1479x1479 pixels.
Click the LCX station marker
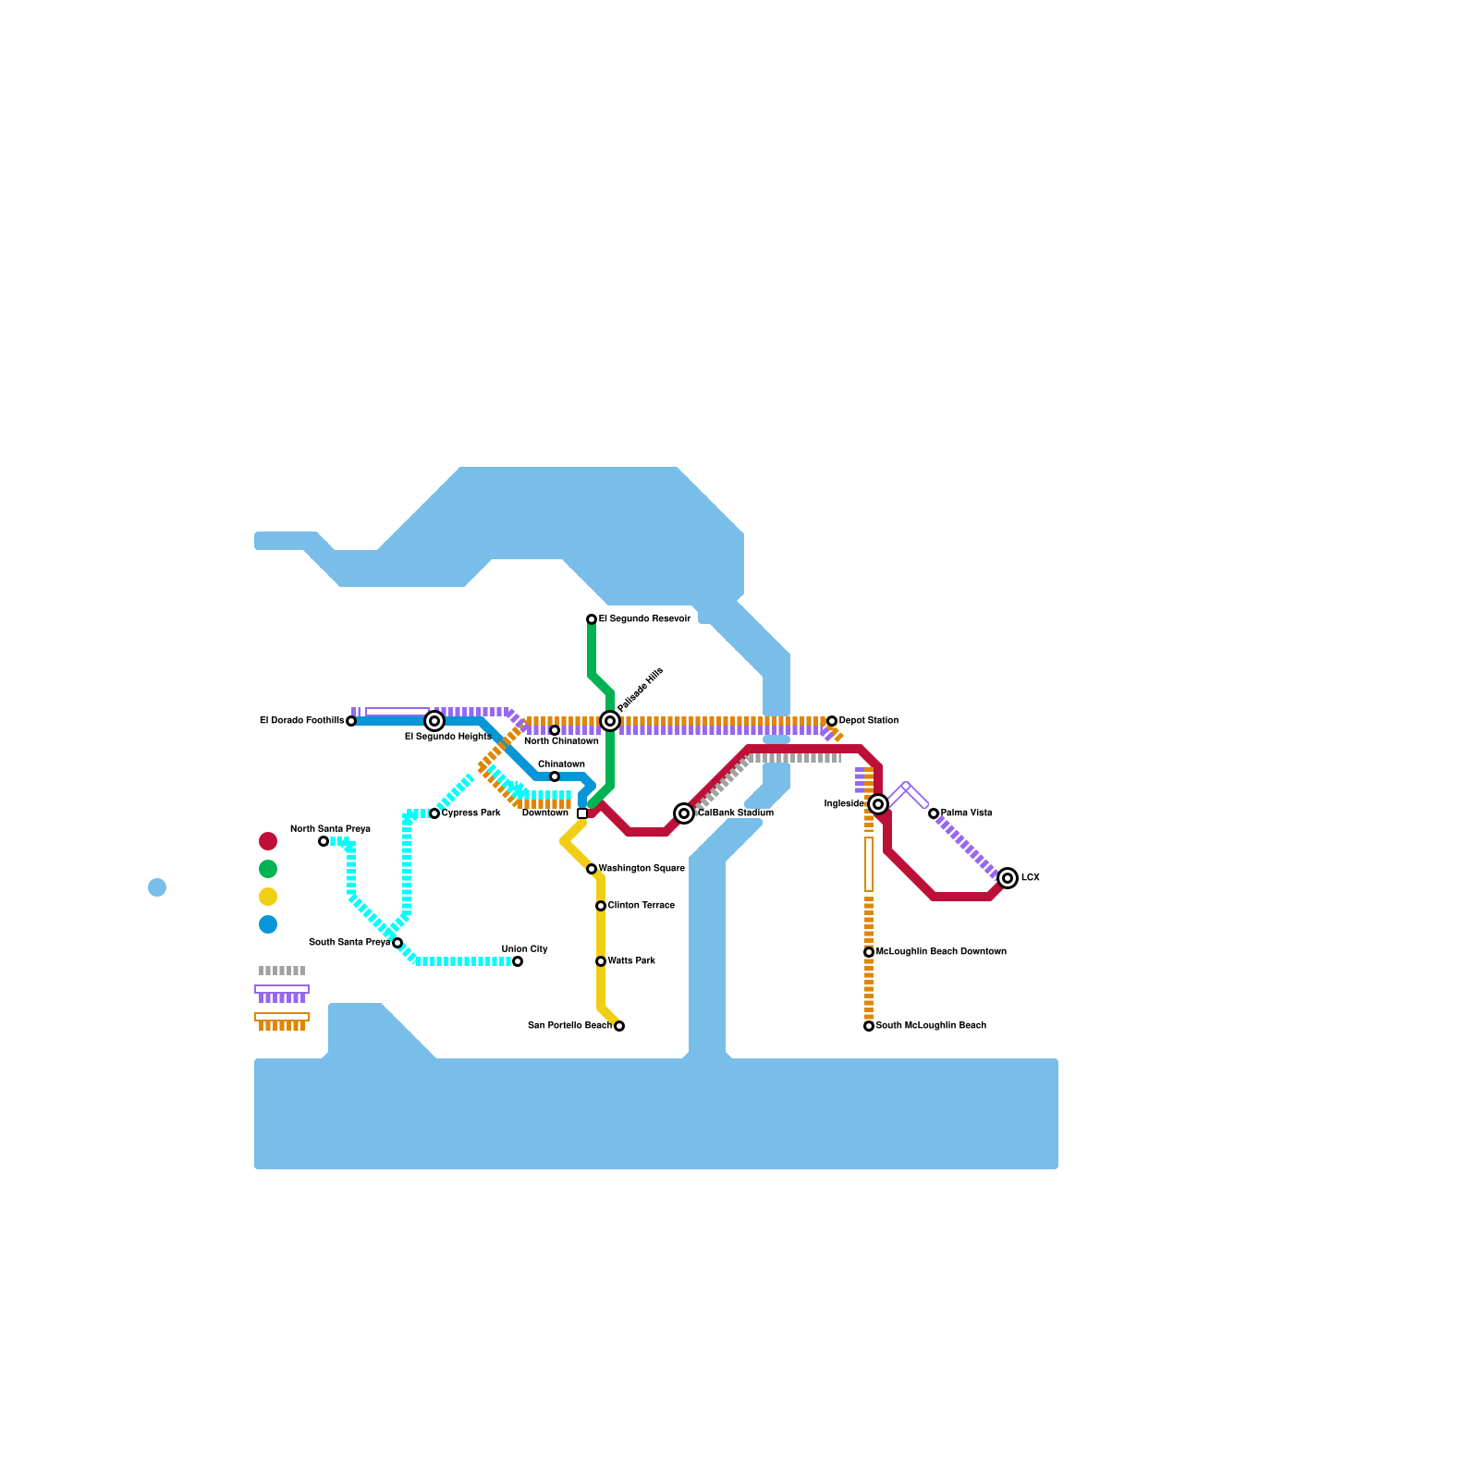tap(1008, 878)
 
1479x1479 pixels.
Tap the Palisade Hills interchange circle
tap(610, 721)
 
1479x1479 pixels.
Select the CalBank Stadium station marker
tap(684, 813)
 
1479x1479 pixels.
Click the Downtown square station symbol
tap(582, 813)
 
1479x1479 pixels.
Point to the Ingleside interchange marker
tap(878, 804)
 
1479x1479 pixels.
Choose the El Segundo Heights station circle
tap(434, 721)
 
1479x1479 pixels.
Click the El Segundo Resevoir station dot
tap(592, 619)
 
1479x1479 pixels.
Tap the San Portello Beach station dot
tap(619, 1026)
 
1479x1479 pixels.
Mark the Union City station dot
tap(518, 961)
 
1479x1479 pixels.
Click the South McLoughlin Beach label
tap(931, 1026)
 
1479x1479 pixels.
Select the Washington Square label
tap(642, 869)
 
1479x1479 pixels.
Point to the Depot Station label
tap(869, 721)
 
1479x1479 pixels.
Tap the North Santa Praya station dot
tap(324, 841)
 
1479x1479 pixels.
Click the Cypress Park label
tap(471, 813)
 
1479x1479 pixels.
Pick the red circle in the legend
tap(268, 841)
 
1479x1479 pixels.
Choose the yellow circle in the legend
tap(268, 897)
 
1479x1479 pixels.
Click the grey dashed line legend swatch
tap(282, 971)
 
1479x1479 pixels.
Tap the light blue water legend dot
tap(157, 887)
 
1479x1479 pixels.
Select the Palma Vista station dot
tap(934, 813)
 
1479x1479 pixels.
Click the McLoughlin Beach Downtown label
tap(941, 952)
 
